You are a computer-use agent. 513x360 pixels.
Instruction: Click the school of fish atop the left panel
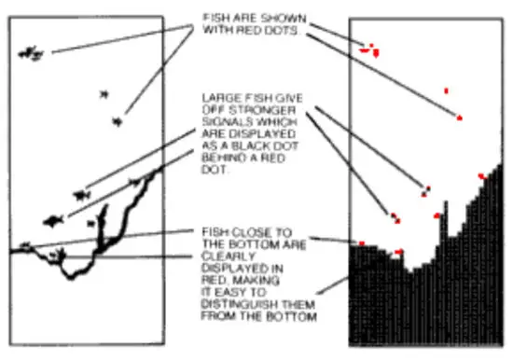point(31,52)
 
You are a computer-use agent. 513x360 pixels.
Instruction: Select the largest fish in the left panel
point(54,221)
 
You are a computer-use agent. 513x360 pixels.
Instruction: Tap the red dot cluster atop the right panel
point(370,48)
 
